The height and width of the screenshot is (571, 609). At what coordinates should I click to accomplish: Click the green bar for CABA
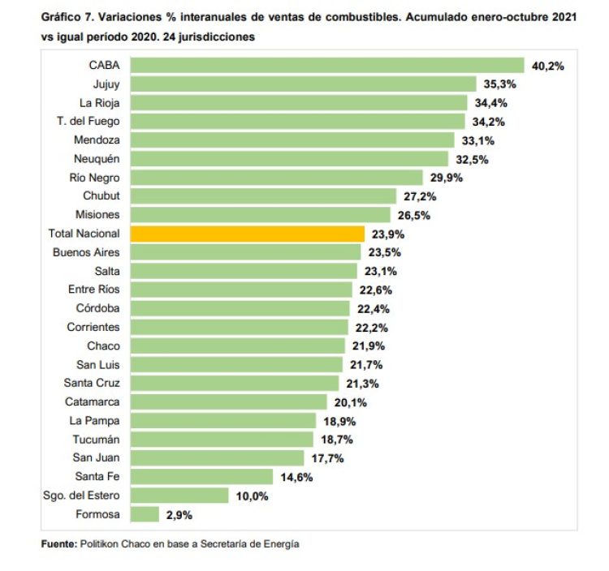point(326,66)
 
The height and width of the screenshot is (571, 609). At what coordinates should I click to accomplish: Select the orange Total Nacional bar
point(247,234)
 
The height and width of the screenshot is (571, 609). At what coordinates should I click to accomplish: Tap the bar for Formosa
point(145,514)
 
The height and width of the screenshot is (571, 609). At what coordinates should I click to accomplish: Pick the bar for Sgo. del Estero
point(179,496)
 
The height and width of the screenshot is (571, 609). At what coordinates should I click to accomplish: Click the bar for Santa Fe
point(201,477)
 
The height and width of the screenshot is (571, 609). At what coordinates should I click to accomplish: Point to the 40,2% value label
point(547,66)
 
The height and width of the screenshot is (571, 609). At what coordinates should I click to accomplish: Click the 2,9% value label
point(179,514)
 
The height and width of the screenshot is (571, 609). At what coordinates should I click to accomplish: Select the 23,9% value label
point(387,234)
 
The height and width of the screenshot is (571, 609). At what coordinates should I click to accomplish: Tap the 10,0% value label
point(252,496)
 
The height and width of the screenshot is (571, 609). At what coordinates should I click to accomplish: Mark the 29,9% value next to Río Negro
point(446,178)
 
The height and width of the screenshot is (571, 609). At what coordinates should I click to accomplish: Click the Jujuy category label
point(106,84)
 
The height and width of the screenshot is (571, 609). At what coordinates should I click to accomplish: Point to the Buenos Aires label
point(86,252)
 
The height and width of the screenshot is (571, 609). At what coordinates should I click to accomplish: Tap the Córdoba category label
point(97,308)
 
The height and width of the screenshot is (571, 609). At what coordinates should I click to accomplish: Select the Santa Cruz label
point(92,383)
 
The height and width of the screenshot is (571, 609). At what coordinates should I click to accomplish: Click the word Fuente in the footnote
point(58,544)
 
